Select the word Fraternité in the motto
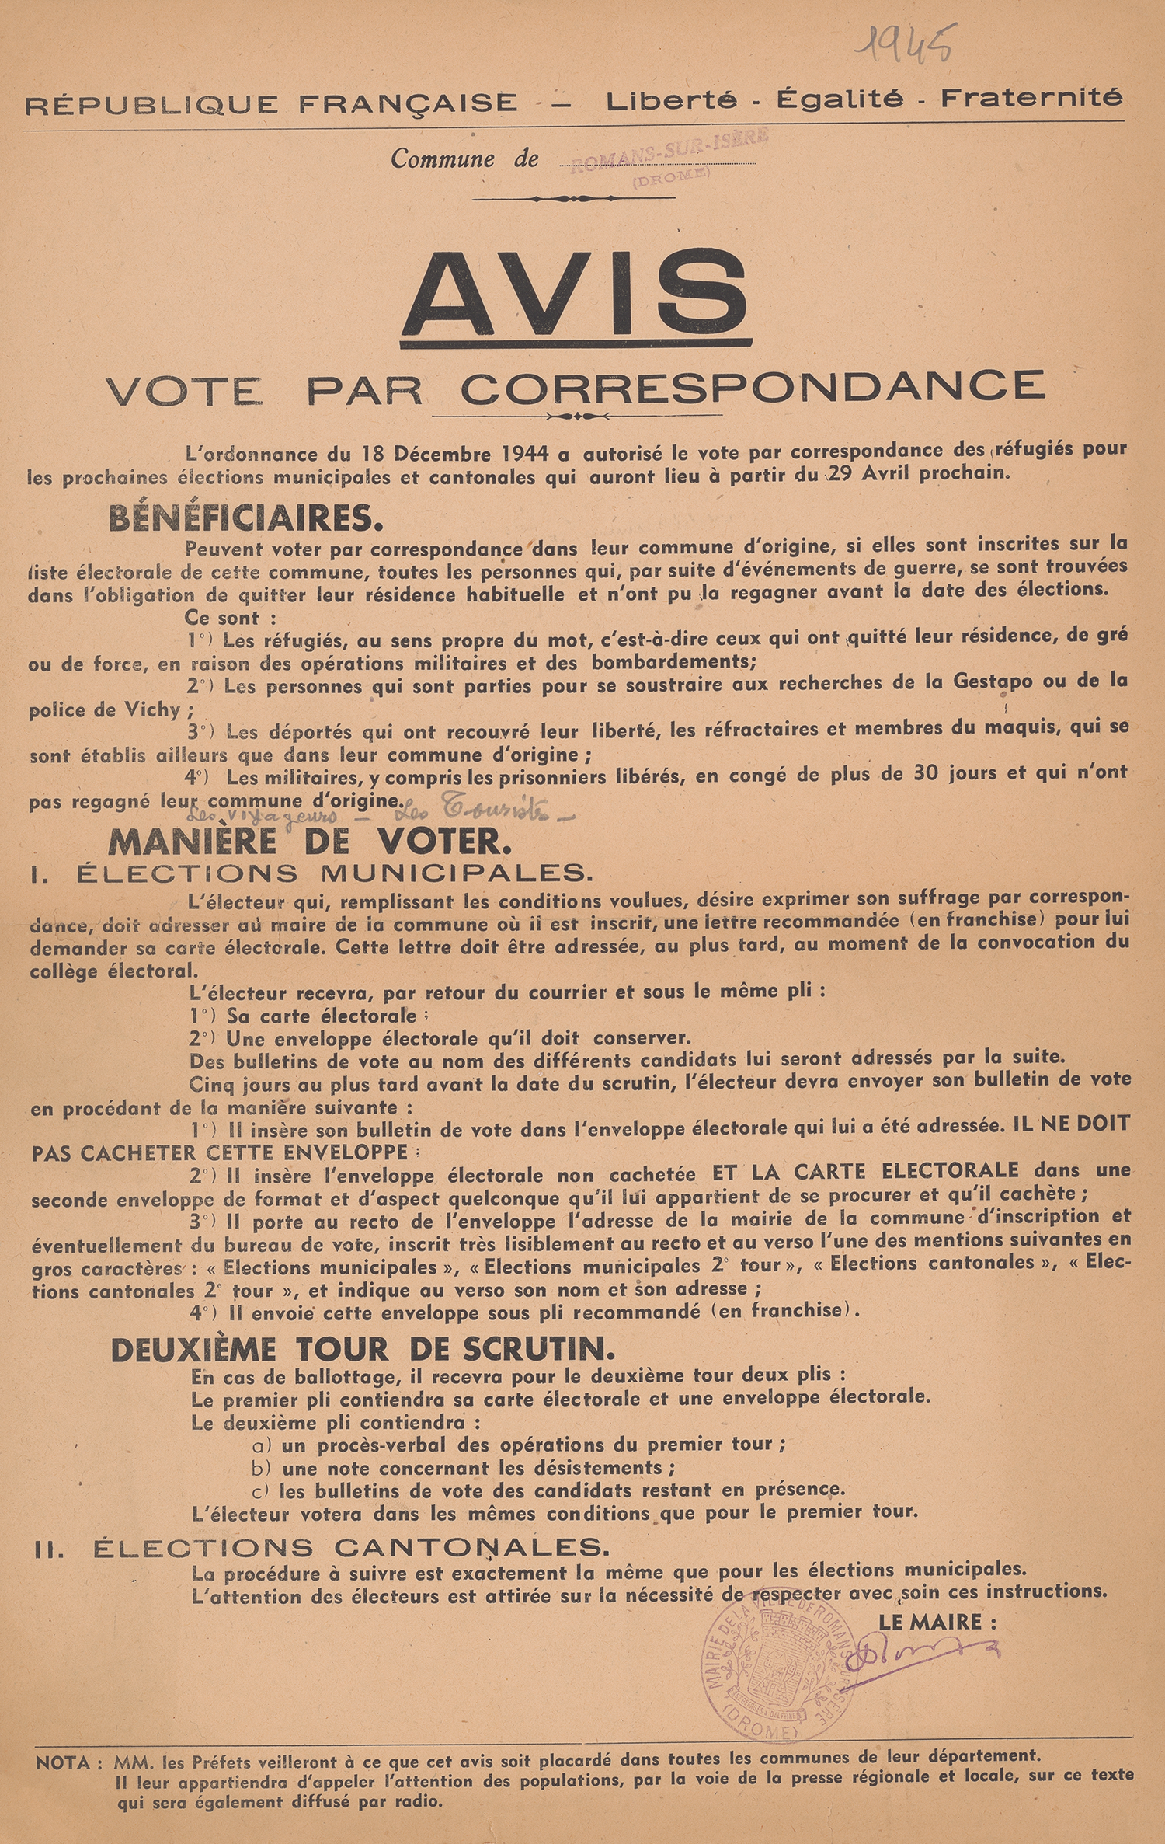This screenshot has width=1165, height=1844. tap(1031, 98)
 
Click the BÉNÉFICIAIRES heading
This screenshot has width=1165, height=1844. tap(245, 518)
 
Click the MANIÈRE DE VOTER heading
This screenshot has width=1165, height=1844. tap(310, 841)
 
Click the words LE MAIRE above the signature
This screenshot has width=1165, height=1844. tap(937, 1622)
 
